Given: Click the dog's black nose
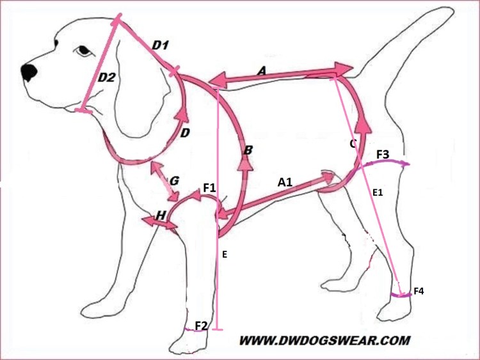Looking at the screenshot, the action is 29,72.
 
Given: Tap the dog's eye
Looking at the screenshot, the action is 83,51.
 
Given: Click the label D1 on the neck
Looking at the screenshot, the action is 160,45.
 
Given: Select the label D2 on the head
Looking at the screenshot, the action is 106,77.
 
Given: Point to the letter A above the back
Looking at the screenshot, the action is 262,72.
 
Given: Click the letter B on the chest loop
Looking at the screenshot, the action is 248,150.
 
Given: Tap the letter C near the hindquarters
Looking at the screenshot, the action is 353,143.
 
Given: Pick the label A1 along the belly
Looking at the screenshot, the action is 285,182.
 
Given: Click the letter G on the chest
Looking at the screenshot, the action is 174,181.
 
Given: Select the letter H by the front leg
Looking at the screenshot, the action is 161,215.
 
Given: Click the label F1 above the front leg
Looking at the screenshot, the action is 210,188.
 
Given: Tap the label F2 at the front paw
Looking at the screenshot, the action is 202,325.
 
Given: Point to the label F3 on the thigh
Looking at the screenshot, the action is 383,155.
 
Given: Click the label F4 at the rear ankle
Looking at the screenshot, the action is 419,291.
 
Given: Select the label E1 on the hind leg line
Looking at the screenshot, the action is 378,192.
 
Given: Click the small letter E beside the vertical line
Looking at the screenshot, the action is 225,254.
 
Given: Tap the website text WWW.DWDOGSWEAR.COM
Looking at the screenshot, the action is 324,340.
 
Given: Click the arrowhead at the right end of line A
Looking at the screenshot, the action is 344,68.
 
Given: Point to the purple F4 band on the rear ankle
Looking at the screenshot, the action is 401,295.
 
